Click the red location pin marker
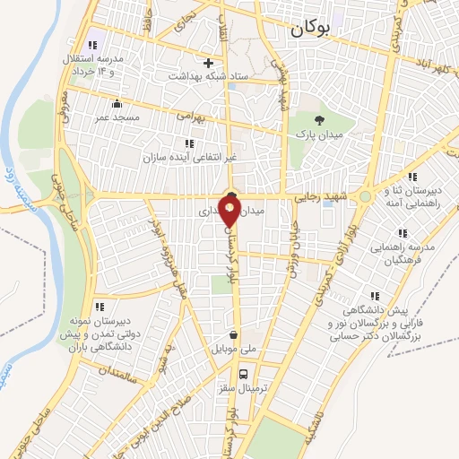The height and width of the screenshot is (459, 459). click(x=230, y=211)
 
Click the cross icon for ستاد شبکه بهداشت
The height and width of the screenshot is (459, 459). click(x=208, y=63)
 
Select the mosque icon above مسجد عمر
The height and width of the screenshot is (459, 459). click(x=117, y=102)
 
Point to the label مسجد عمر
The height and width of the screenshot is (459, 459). click(x=117, y=117)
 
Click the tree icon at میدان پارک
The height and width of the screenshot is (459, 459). click(x=319, y=119)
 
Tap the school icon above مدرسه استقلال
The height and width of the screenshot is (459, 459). click(x=91, y=46)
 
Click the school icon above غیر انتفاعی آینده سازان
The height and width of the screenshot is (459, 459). click(x=188, y=143)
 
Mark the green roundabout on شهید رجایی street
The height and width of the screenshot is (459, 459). click(x=366, y=197)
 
